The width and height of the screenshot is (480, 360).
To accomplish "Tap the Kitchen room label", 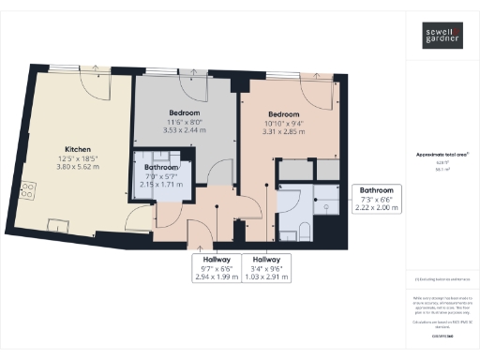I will pyautogui.click(x=78, y=149).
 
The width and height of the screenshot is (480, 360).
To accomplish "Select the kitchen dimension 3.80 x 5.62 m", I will pyautogui.click(x=78, y=166).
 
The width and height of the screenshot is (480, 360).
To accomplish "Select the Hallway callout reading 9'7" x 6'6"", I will pyautogui.click(x=215, y=266).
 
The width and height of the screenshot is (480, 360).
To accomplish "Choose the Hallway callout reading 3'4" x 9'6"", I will pyautogui.click(x=266, y=266).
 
